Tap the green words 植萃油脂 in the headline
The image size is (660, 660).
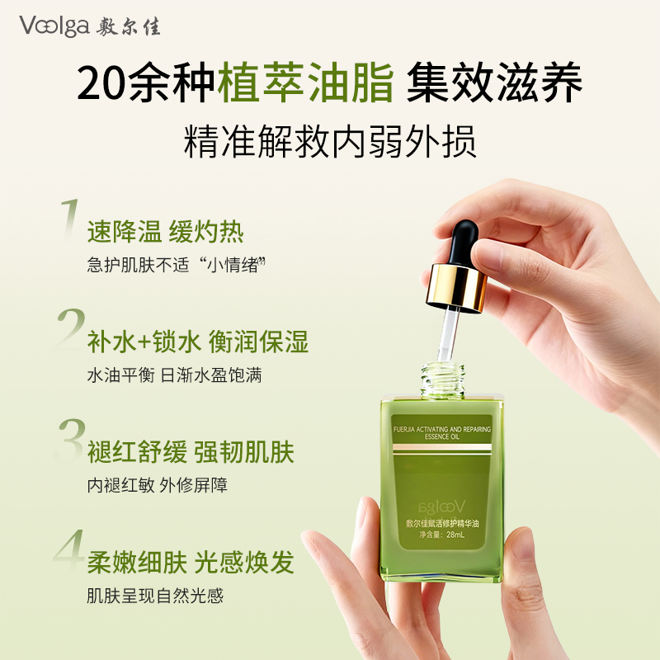click(x=306, y=82)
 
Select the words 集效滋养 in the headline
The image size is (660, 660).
click(x=494, y=82)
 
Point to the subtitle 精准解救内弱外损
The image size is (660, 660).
click(x=331, y=141)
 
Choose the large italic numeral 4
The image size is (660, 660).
click(x=69, y=550)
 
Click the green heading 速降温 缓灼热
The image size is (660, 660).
click(x=166, y=232)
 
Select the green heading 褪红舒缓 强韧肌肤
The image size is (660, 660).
click(x=191, y=452)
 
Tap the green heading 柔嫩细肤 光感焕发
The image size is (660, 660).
click(x=191, y=563)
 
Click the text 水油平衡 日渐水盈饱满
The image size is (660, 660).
click(x=175, y=375)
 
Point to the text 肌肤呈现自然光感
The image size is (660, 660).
click(x=155, y=595)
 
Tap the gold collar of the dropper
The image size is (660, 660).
click(x=457, y=288)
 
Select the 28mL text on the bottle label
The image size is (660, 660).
click(x=455, y=535)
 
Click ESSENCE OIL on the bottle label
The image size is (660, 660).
click(x=442, y=437)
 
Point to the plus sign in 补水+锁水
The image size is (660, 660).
click(x=145, y=342)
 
